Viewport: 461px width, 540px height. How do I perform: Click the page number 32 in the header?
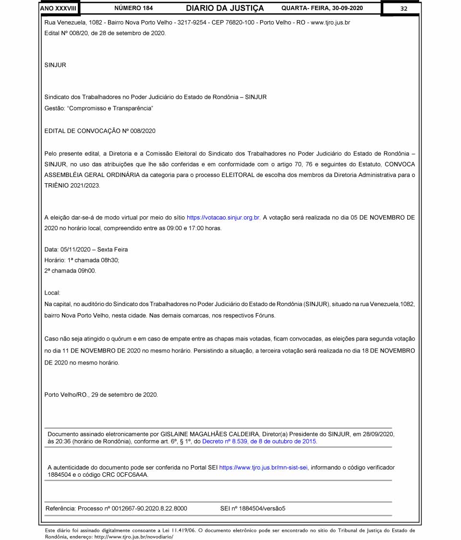403,8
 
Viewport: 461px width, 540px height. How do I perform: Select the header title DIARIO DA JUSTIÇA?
225,8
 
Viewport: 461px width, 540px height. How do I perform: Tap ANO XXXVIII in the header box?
59,8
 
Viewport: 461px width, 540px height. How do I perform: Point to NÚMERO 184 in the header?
134,8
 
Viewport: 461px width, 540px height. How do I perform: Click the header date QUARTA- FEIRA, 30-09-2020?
322,8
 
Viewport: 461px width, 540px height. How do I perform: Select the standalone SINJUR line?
55,65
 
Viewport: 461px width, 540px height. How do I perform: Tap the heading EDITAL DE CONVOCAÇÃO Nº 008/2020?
100,130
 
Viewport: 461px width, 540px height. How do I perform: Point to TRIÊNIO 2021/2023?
72,186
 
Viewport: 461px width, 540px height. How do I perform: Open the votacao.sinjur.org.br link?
223,217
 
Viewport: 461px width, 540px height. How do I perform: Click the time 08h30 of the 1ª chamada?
110,260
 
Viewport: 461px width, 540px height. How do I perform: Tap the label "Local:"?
52,293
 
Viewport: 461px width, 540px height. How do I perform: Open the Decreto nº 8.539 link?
259,441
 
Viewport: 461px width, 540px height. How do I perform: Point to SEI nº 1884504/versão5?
253,508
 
